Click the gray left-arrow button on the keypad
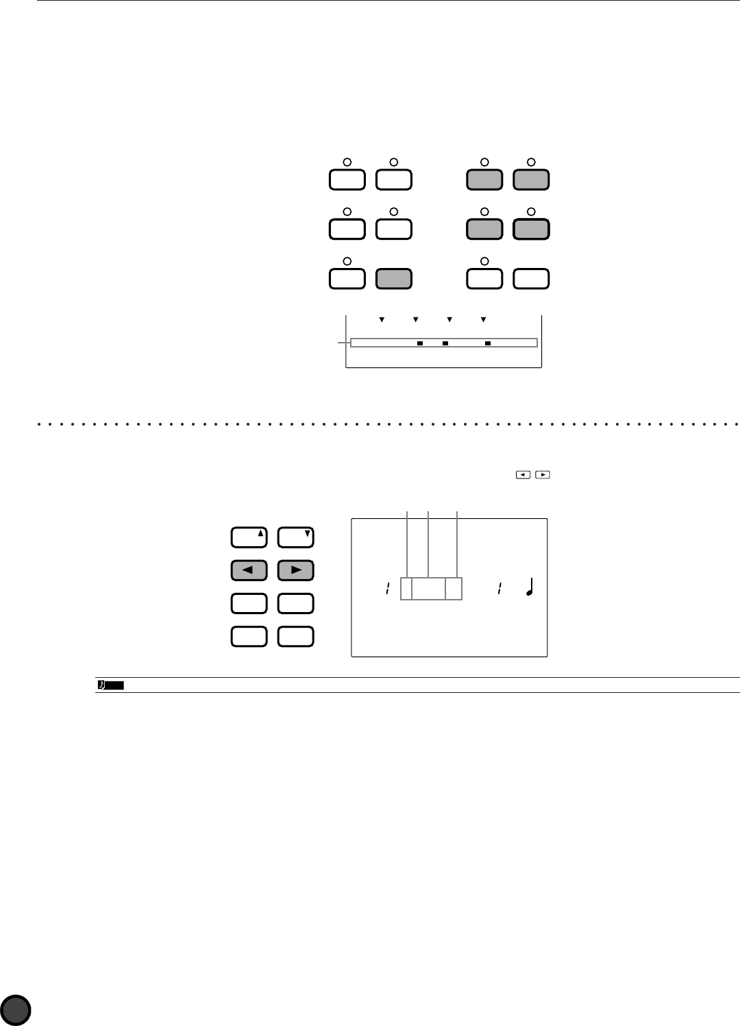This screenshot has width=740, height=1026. [x=249, y=570]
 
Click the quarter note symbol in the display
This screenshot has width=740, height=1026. [x=529, y=587]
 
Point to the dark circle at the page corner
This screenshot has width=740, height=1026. [x=16, y=1010]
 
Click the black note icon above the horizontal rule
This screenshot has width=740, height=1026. [x=110, y=685]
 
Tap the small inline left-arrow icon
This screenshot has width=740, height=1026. [x=523, y=474]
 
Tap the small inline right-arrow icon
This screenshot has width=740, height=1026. [x=543, y=474]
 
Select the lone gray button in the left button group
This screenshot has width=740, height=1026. [x=394, y=279]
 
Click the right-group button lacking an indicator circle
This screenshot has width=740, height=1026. [x=532, y=279]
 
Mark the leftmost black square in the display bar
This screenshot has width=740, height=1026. [x=420, y=343]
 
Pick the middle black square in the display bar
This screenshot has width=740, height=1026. [x=445, y=343]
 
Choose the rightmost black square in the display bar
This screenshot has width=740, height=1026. [x=488, y=343]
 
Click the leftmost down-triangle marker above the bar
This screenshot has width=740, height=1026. [x=382, y=319]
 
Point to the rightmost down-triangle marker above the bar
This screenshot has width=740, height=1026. [x=483, y=319]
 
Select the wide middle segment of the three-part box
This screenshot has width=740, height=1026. [x=428, y=589]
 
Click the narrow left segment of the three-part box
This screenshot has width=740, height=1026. [x=406, y=589]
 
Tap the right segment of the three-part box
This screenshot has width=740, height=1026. [x=454, y=589]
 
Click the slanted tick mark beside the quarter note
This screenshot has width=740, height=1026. [x=500, y=588]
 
